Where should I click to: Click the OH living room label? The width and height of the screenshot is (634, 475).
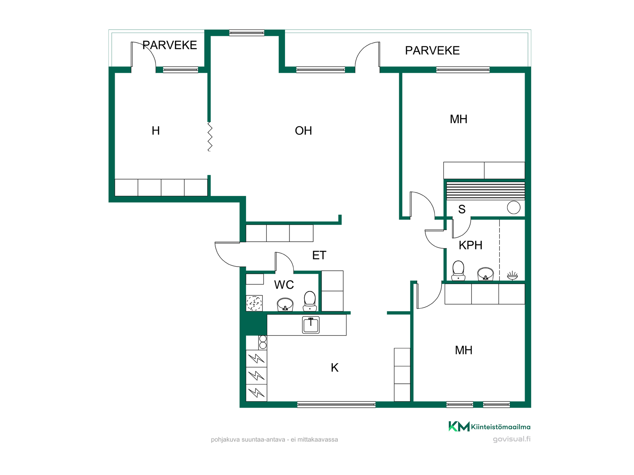pyautogui.click(x=303, y=131)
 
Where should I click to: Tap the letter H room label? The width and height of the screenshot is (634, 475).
pyautogui.click(x=156, y=131)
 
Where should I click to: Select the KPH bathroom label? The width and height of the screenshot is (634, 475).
pyautogui.click(x=471, y=245)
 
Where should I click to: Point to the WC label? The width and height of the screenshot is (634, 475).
pyautogui.click(x=284, y=285)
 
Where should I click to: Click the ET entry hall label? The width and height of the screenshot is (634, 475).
pyautogui.click(x=319, y=255)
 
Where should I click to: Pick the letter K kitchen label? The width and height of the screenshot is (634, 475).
pyautogui.click(x=335, y=367)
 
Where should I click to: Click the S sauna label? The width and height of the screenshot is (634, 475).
pyautogui.click(x=462, y=209)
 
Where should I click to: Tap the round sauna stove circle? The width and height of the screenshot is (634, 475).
pyautogui.click(x=513, y=207)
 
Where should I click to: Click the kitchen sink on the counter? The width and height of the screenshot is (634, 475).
pyautogui.click(x=311, y=325)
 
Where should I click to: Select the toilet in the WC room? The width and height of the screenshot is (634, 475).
pyautogui.click(x=310, y=301)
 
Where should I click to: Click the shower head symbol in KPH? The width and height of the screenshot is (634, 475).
pyautogui.click(x=512, y=275)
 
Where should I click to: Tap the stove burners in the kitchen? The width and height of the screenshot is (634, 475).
pyautogui.click(x=263, y=342)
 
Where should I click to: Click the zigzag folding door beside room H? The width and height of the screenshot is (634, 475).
pyautogui.click(x=210, y=137)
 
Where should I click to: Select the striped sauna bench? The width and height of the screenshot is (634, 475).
pyautogui.click(x=485, y=191)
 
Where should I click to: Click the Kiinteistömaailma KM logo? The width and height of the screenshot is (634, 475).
pyautogui.click(x=489, y=427)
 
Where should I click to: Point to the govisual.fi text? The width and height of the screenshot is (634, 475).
pyautogui.click(x=511, y=439)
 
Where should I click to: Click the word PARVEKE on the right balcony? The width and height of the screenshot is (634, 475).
pyautogui.click(x=432, y=50)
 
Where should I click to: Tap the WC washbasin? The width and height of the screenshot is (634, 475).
pyautogui.click(x=285, y=304)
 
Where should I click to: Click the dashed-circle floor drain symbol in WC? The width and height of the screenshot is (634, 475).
pyautogui.click(x=254, y=303)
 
